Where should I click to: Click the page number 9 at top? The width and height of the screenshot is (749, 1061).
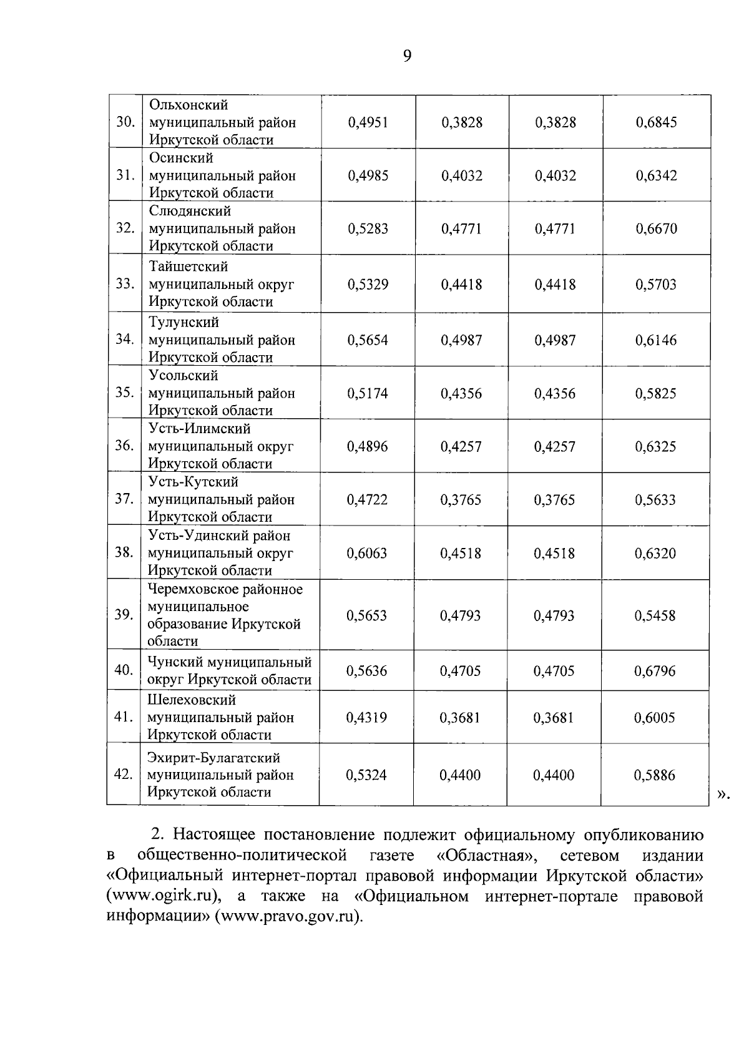tap(407, 57)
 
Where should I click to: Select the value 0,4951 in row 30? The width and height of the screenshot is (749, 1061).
tap(368, 122)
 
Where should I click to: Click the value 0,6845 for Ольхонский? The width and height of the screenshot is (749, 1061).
tap(656, 122)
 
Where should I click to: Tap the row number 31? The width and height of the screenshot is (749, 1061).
tap(126, 175)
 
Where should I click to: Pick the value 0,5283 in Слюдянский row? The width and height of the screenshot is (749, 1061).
tap(368, 228)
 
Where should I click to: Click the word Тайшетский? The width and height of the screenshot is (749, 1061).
tap(188, 267)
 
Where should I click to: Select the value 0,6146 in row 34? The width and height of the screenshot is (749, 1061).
tap(656, 340)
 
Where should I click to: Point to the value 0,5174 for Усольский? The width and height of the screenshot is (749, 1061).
tap(368, 393)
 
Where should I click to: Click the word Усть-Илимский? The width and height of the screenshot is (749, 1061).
tap(200, 429)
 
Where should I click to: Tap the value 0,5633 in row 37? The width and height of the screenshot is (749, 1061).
tap(655, 500)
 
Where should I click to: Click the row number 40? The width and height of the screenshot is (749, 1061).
tap(124, 670)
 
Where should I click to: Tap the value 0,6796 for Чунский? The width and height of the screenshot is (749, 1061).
tap(655, 672)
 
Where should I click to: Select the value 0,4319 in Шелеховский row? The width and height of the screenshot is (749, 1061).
tap(366, 718)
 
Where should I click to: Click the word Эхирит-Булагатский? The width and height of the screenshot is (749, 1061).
tap(213, 758)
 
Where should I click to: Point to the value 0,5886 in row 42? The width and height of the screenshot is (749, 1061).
tap(655, 775)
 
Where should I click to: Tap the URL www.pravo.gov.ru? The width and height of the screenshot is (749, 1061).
tap(288, 917)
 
